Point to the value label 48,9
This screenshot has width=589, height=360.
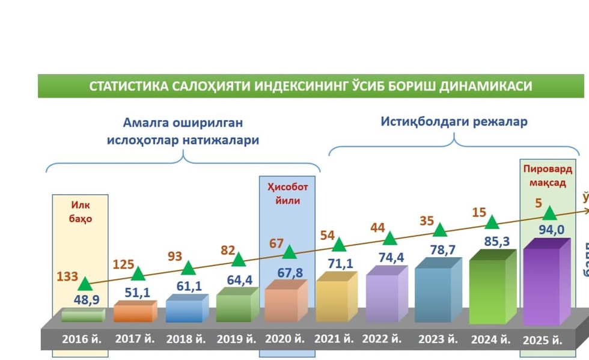pyautogui.click(x=87, y=300)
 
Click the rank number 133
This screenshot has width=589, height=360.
pyautogui.click(x=67, y=276)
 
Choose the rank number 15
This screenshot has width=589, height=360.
pyautogui.click(x=479, y=212)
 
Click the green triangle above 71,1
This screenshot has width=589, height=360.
pyautogui.click(x=339, y=244)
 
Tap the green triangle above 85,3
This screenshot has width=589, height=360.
pyautogui.click(x=492, y=222)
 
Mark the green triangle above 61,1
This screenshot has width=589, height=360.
pyautogui.click(x=188, y=268)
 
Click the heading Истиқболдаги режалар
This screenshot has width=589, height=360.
pyautogui.click(x=454, y=121)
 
